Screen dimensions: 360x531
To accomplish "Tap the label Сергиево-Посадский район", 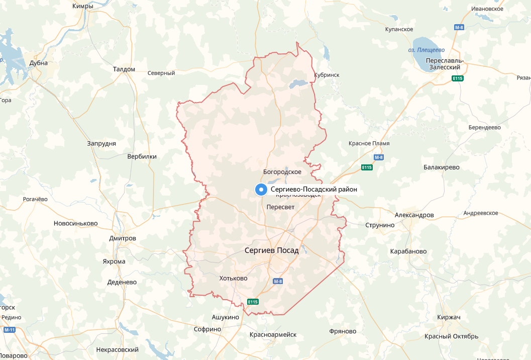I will pos(314,190).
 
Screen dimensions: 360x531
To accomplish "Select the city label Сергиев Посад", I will pos(271,250).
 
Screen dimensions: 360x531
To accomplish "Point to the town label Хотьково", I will pos(234,278).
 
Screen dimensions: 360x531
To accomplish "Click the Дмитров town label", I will pos(123,238).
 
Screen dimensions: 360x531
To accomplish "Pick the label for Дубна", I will pos(39,63).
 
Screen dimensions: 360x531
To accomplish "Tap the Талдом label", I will pos(124,69).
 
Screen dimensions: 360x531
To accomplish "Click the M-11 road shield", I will pos(10,330).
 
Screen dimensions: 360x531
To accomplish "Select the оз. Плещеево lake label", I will pos(427,50).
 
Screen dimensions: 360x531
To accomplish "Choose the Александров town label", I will pos(414,215).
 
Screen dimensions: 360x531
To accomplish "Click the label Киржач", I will pos(449,317).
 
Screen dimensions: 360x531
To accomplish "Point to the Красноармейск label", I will pos(273,334).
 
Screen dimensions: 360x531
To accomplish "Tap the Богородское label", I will pos(282,172).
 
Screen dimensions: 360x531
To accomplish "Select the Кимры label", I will pos(83,6).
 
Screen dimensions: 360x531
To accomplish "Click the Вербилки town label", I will pos(142,156).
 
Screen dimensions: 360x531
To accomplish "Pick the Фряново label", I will pos(343,331).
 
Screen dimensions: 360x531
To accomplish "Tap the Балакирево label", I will pos(442,167).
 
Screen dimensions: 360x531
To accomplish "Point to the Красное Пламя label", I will pos(369,143).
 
